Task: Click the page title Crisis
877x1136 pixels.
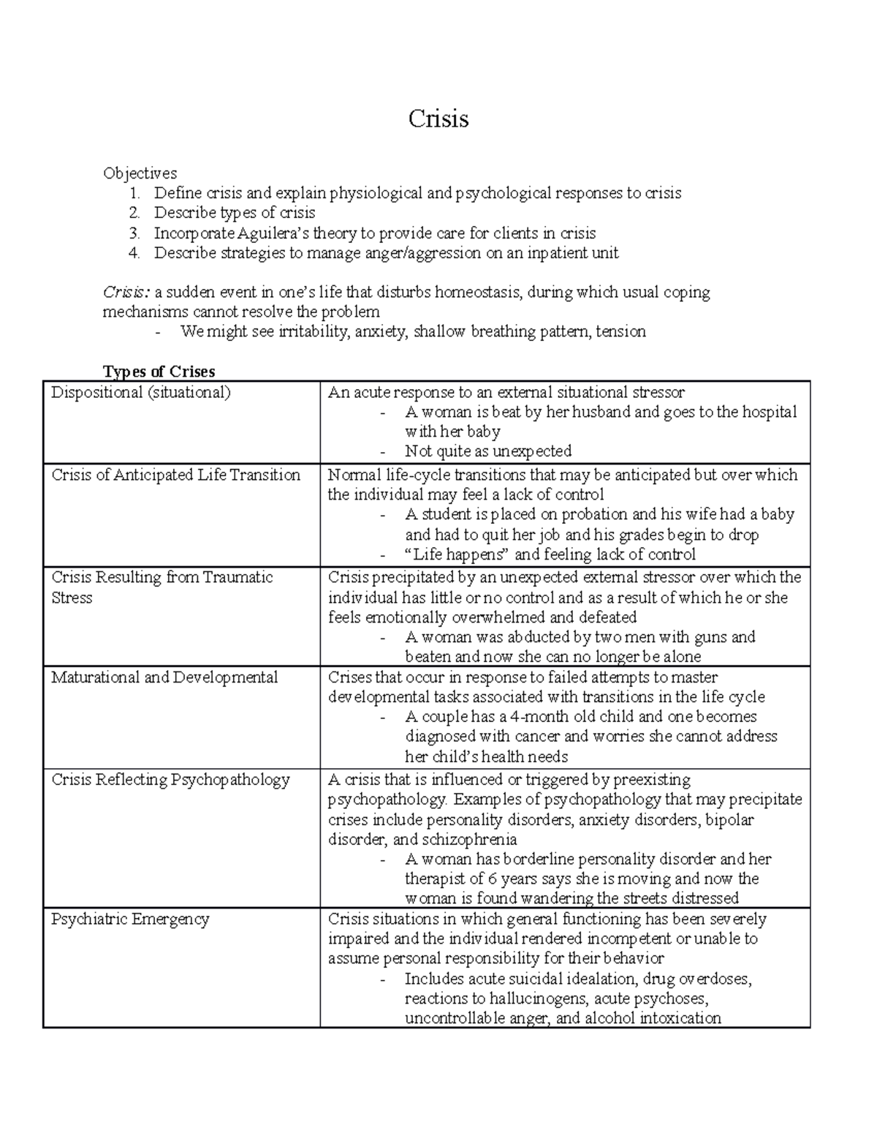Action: tap(438, 119)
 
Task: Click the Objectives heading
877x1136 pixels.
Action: tap(140, 173)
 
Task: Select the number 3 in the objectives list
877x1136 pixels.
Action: tap(134, 233)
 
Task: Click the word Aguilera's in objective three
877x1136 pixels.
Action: tap(273, 233)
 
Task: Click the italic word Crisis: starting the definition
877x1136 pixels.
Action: tap(126, 293)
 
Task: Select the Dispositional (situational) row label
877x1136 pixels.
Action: tap(140, 393)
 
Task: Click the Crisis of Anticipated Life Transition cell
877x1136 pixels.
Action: tap(175, 475)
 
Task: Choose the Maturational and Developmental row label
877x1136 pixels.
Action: tap(164, 677)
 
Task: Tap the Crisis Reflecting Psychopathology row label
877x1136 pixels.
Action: tap(170, 780)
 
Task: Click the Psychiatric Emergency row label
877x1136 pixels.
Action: tap(130, 919)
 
